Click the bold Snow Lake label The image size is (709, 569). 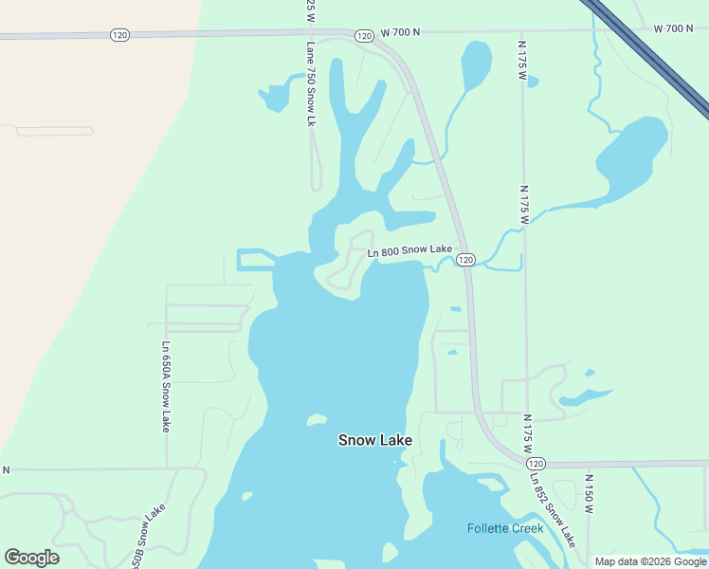(x=375, y=441)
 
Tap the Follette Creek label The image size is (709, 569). (x=505, y=528)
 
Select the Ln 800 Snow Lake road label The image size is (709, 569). (x=409, y=250)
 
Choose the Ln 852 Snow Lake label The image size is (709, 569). (x=553, y=512)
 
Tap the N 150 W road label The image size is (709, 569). (x=589, y=494)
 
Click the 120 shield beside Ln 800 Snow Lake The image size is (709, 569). (x=464, y=259)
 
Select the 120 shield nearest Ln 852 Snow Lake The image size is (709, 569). (x=536, y=463)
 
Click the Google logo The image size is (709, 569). (x=31, y=558)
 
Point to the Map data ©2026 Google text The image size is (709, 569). (x=650, y=561)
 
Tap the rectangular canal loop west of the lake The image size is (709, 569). (x=254, y=259)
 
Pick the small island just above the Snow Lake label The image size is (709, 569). (x=317, y=419)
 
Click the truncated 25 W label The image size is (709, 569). (x=310, y=11)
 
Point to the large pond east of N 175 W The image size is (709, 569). (x=632, y=156)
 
